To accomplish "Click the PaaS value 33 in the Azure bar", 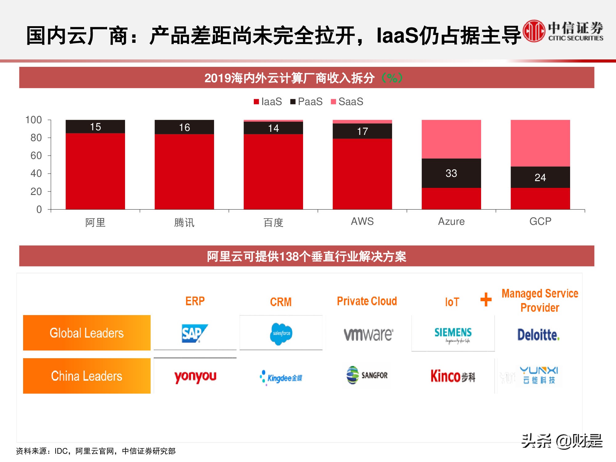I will [x=451, y=173].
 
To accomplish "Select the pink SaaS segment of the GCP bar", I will [x=540, y=143].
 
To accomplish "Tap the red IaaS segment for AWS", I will [x=362, y=174].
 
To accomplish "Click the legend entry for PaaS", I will [x=306, y=102].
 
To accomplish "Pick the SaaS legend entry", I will [x=347, y=102].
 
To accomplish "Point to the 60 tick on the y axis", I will [x=36, y=156].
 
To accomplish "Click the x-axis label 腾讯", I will [x=184, y=222].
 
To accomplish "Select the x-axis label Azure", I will [x=451, y=221].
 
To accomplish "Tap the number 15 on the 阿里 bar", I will [x=95, y=127].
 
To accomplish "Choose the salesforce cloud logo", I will [x=281, y=334].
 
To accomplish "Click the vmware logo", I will [x=368, y=334].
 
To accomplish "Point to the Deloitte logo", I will [x=538, y=335].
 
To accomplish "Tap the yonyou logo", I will [x=195, y=376].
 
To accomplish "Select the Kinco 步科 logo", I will [x=453, y=376].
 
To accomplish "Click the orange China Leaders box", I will [x=87, y=376].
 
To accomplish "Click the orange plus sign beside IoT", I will [x=486, y=299].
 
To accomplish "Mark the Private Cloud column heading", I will [x=367, y=301].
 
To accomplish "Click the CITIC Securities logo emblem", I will [x=534, y=31].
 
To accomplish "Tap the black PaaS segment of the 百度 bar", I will [x=273, y=128].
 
